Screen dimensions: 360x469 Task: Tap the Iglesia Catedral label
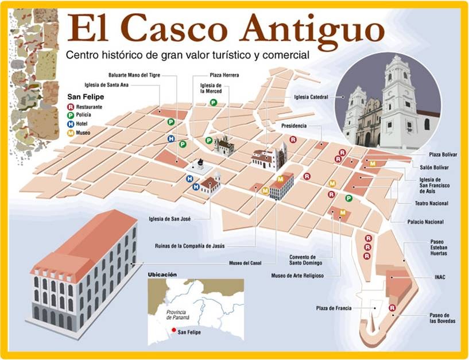(x=310, y=98)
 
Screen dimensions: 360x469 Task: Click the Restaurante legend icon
(x=71, y=106)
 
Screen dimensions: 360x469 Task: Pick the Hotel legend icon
(x=71, y=124)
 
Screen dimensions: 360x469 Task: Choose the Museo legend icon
(x=71, y=133)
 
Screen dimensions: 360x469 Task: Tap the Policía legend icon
(x=71, y=115)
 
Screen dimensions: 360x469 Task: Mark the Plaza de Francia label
(x=334, y=308)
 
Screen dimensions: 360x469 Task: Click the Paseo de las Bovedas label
(x=442, y=318)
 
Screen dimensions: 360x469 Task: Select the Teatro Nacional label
(x=431, y=203)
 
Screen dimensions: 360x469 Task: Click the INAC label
(x=440, y=277)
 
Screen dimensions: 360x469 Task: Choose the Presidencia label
(x=294, y=125)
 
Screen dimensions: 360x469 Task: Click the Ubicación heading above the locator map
(x=162, y=274)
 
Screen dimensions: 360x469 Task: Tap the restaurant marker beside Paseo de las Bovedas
(x=392, y=308)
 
